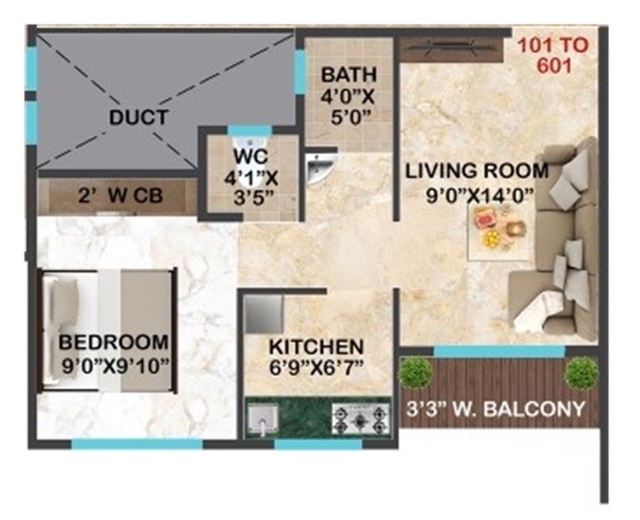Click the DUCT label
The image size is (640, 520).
coord(137,117)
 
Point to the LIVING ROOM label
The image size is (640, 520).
coord(477,170)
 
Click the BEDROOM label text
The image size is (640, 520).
coord(113,343)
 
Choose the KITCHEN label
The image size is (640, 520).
coord(316,347)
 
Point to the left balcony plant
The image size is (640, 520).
coord(416,373)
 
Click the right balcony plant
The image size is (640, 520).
coord(581,372)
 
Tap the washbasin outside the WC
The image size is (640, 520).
coord(318,169)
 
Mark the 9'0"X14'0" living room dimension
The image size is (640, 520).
coord(477,193)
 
